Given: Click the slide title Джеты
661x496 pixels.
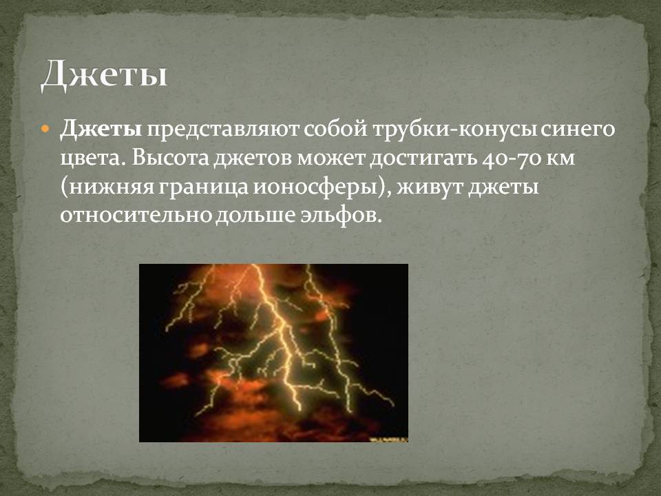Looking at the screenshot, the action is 104,75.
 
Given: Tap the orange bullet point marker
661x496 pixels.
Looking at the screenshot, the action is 45,129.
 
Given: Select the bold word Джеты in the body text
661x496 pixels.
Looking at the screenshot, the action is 101,129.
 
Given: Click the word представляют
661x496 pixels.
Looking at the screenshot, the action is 223,130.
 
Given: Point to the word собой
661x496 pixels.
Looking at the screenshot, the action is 336,129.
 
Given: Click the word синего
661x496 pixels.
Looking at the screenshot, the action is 578,130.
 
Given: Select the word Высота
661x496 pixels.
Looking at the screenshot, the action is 170,158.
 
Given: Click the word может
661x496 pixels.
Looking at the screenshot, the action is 332,158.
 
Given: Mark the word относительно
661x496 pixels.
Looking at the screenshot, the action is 136,216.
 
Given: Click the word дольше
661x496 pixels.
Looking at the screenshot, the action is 255,216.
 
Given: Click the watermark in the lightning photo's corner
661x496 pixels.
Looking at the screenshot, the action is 388,439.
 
